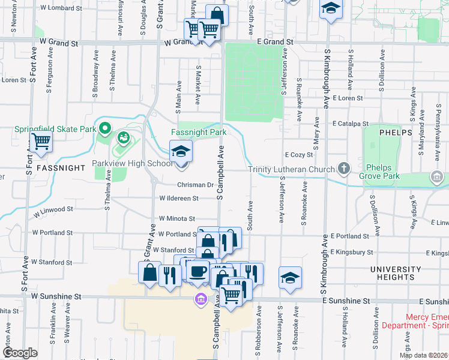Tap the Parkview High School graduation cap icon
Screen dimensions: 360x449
(x=180, y=151)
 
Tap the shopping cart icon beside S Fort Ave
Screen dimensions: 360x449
(x=41, y=142)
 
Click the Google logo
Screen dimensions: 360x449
(x=20, y=353)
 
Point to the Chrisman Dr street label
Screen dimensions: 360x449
(x=195, y=185)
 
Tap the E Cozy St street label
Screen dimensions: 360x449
(x=300, y=154)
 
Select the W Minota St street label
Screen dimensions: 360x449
(x=178, y=220)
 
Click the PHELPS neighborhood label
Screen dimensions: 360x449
(x=396, y=132)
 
